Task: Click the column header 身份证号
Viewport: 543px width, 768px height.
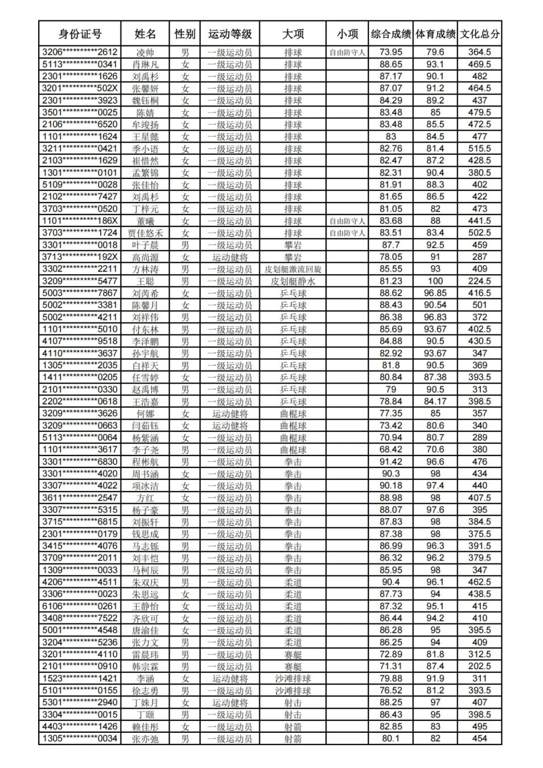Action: (x=79, y=34)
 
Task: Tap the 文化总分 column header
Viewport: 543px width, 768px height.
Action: (x=480, y=34)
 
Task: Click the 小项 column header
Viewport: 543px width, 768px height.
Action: (x=347, y=34)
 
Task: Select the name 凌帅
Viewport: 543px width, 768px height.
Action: (x=145, y=52)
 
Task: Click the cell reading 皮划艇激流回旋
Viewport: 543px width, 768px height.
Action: (x=293, y=269)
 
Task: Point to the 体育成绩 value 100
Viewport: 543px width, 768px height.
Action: (x=435, y=281)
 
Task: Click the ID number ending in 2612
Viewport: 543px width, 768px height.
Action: (x=79, y=52)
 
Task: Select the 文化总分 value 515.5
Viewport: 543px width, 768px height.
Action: (x=480, y=149)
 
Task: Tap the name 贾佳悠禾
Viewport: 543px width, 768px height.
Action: (x=145, y=233)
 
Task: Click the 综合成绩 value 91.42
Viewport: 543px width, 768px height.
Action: (x=391, y=462)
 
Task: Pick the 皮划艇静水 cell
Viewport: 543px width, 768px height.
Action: (x=293, y=281)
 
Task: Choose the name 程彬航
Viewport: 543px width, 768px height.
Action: (x=145, y=462)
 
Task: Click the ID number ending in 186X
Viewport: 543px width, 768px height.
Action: (x=79, y=221)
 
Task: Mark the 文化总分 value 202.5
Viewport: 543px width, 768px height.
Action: (x=480, y=666)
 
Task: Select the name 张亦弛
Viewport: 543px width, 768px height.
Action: (x=145, y=739)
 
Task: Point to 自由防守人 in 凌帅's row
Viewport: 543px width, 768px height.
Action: (x=347, y=52)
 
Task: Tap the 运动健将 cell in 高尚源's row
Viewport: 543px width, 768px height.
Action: (x=230, y=257)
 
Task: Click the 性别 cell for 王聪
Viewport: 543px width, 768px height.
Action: (x=185, y=281)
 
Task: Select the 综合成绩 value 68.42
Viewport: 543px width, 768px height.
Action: (x=391, y=450)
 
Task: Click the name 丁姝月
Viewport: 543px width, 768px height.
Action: (x=145, y=703)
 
